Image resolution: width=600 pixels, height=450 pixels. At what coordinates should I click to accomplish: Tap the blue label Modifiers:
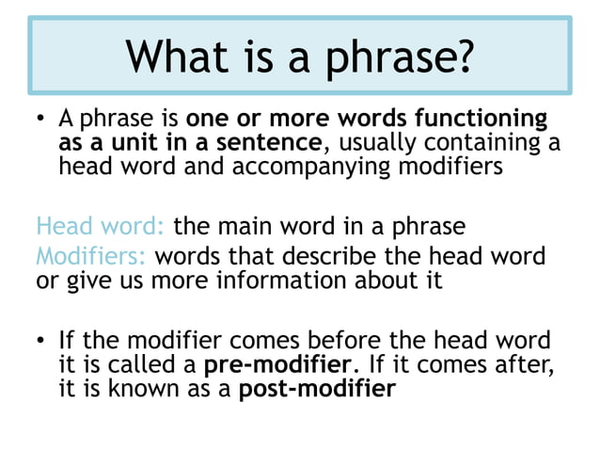[91, 256]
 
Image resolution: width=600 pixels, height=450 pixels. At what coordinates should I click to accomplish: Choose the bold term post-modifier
[318, 388]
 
